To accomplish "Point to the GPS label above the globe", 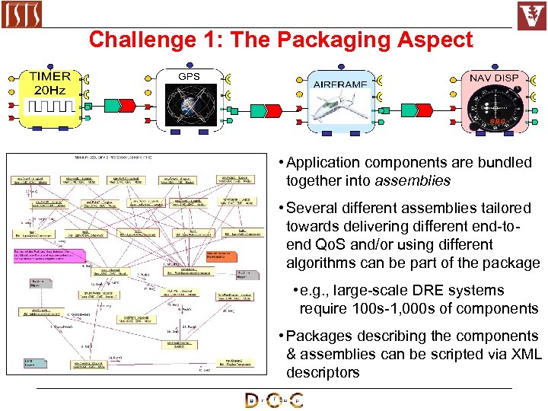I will (x=189, y=77).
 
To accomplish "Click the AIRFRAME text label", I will (x=339, y=84).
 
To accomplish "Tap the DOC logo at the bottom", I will (x=274, y=400).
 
